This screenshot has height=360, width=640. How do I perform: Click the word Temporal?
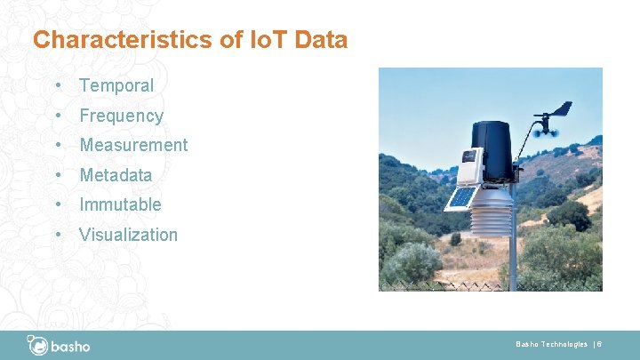click(x=116, y=86)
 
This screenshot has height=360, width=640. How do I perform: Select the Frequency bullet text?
click(x=122, y=116)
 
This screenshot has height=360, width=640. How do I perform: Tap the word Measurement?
click(x=133, y=145)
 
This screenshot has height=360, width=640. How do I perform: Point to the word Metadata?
click(x=116, y=175)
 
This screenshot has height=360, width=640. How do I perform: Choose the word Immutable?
click(x=120, y=204)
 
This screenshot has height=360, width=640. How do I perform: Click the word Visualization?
click(x=128, y=235)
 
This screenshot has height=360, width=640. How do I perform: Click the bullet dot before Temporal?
click(x=57, y=86)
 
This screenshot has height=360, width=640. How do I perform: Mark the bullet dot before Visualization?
click(x=57, y=235)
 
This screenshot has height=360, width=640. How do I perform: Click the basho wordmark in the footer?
click(x=70, y=345)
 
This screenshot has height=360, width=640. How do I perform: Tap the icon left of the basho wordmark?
click(x=37, y=344)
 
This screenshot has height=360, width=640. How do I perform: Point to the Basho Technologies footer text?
click(x=551, y=344)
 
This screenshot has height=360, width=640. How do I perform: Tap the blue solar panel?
click(x=461, y=196)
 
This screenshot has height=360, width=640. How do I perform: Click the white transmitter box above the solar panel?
click(x=468, y=166)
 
